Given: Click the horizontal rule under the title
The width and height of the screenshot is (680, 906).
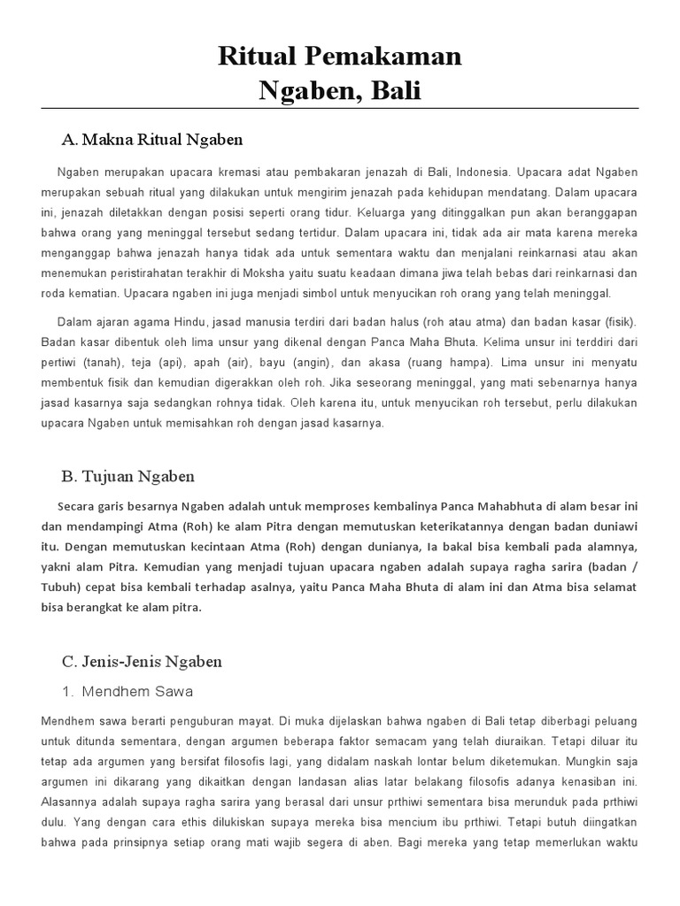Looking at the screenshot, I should point(340,108).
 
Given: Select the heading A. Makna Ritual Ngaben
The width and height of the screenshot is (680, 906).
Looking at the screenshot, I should point(151,140).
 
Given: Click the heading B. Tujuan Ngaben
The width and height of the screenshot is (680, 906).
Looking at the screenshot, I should point(127,476).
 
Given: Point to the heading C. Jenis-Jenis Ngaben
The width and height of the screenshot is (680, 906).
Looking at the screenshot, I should point(142,662).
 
